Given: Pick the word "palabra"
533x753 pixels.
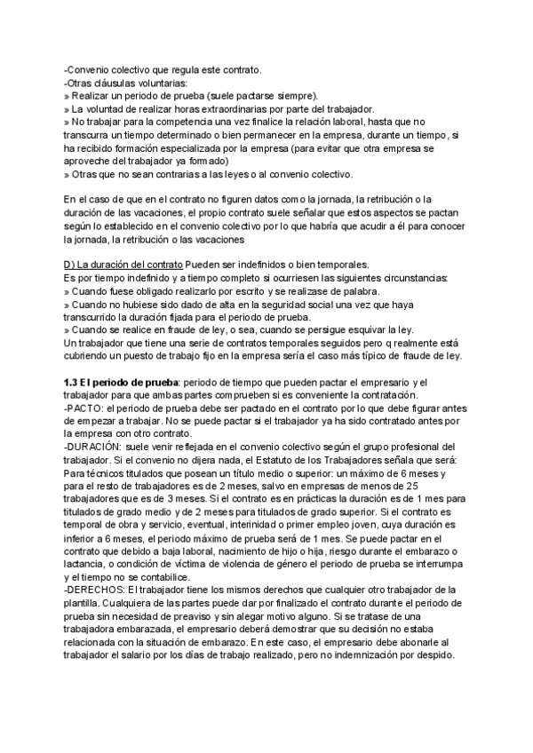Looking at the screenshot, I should (x=354, y=292).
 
